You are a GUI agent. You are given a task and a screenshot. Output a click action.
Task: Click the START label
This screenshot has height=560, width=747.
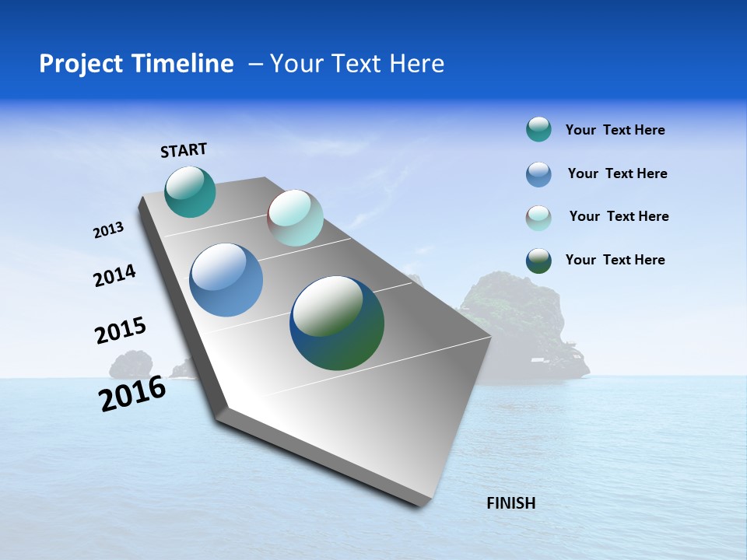click(x=184, y=150)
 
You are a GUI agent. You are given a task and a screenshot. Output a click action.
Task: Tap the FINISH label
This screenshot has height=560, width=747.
click(x=510, y=503)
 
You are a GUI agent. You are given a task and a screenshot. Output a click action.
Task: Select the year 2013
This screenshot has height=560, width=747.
click(x=108, y=230)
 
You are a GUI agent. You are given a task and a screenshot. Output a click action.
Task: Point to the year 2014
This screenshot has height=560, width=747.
click(x=114, y=276)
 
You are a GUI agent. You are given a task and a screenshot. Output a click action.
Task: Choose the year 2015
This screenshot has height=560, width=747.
click(x=120, y=331)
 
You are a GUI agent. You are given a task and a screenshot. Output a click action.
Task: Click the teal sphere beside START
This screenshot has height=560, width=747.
click(x=190, y=192)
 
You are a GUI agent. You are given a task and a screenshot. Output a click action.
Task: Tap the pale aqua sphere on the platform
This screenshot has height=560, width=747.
click(x=295, y=218)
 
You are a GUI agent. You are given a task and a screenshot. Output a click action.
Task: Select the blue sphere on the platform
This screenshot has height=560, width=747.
click(x=226, y=280)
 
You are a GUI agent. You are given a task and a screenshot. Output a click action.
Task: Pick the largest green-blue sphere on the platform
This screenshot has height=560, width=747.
click(x=337, y=323)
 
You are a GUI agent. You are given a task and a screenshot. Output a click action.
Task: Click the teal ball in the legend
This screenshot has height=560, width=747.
click(x=538, y=129)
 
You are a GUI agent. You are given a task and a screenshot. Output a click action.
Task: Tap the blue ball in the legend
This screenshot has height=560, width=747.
click(x=538, y=174)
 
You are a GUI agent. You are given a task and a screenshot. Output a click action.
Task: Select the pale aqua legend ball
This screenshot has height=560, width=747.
click(x=538, y=218)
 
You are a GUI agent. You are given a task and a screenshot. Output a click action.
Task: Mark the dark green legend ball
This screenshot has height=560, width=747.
click(x=538, y=261)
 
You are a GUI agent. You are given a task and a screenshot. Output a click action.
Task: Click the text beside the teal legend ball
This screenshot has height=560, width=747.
click(x=615, y=130)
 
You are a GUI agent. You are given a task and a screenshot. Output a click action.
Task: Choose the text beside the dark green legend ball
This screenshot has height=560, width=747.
click(x=615, y=260)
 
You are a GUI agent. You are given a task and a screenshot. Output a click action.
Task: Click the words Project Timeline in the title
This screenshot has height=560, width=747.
click(x=136, y=64)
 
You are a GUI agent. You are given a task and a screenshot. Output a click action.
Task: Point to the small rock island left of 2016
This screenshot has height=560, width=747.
click(x=131, y=365)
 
